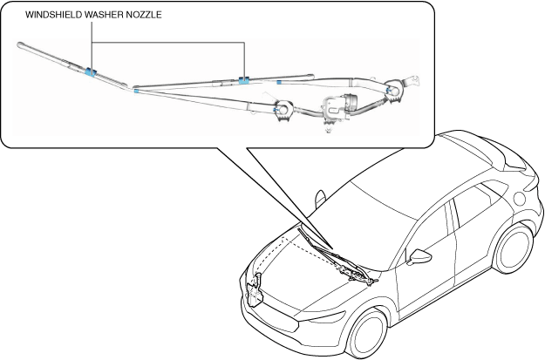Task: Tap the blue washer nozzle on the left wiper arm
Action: point(90,71)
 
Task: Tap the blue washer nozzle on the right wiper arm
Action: point(244,80)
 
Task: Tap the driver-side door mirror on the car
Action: point(422,258)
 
